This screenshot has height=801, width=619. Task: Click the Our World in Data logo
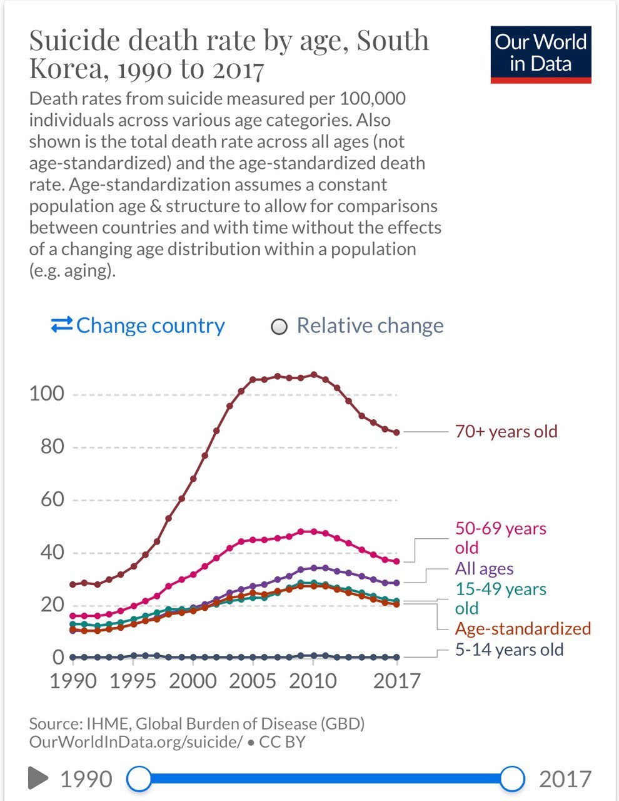point(541,54)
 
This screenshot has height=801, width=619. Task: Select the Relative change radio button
point(279,327)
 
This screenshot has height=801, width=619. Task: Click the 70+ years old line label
point(506,432)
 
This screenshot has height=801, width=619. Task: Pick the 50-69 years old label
point(500,538)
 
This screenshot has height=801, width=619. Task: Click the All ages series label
point(484,569)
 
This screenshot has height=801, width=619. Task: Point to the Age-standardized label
point(522,629)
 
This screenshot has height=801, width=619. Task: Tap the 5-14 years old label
point(509,650)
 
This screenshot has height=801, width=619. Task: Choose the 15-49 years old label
point(500,598)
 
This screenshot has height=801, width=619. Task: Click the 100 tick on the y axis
point(47,394)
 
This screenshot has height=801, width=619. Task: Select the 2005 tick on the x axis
point(253,680)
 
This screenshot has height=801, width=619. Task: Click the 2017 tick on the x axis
point(396,680)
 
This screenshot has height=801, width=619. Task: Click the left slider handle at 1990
point(139,779)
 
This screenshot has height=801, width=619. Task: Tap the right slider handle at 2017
point(513,779)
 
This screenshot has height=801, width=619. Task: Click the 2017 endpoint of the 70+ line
point(396,432)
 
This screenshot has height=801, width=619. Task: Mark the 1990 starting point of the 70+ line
point(73,584)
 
